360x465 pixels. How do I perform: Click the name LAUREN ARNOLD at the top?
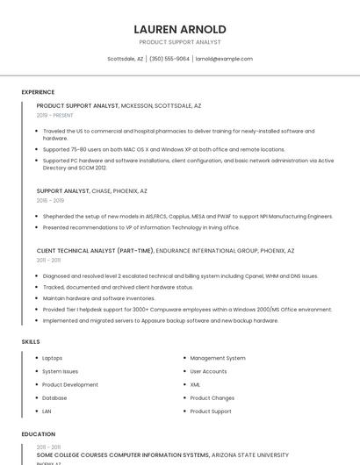[180, 29]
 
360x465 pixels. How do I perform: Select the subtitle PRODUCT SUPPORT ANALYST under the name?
[180, 42]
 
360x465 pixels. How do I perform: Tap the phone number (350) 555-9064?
[169, 59]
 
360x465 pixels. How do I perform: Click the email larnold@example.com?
[224, 59]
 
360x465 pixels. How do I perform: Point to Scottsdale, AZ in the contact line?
[125, 59]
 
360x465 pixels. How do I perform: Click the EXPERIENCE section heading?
[38, 92]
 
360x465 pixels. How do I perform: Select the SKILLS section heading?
[31, 341]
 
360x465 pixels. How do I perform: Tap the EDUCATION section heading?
[38, 434]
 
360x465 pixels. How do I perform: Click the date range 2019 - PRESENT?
[55, 115]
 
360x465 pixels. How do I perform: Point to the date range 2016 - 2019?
[50, 200]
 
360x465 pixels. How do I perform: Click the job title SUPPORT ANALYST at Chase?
[62, 190]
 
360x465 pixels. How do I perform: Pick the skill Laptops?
[53, 358]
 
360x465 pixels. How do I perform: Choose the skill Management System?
[218, 358]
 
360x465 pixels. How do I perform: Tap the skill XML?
[195, 384]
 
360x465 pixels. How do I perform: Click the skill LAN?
[47, 411]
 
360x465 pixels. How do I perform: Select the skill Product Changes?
[212, 397]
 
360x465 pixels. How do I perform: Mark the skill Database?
[54, 397]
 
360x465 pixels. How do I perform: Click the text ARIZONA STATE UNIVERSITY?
[250, 455]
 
